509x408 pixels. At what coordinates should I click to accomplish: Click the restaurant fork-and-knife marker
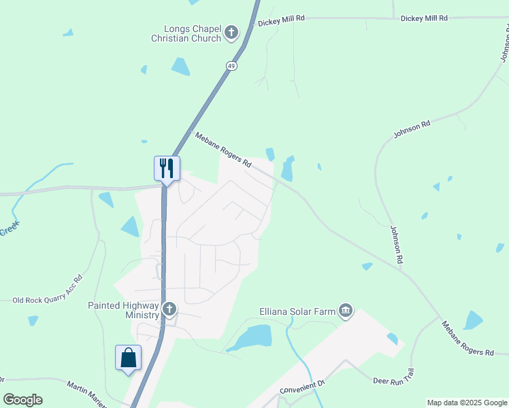[167, 168]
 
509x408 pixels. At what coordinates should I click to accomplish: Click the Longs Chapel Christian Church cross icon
[231, 32]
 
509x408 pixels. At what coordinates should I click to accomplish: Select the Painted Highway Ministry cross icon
[169, 310]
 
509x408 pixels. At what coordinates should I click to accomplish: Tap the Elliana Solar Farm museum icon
[346, 311]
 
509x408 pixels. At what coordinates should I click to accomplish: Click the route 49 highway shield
[231, 65]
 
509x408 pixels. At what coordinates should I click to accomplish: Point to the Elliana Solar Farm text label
[297, 311]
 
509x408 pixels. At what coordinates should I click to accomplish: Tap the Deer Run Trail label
[394, 376]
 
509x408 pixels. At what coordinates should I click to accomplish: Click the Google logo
[22, 400]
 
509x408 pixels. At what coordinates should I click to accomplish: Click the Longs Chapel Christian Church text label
[193, 33]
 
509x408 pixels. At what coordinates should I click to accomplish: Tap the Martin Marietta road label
[86, 394]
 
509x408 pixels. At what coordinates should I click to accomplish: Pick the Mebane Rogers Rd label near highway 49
[223, 150]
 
